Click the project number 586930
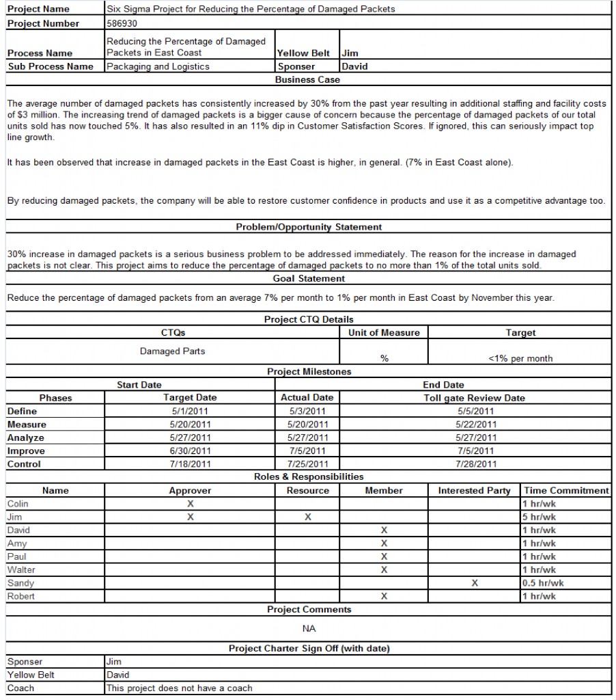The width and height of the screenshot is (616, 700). click(x=122, y=23)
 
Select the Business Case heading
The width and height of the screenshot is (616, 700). click(x=307, y=80)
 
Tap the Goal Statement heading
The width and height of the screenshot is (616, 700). click(x=309, y=278)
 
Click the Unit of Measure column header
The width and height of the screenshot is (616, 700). click(x=384, y=332)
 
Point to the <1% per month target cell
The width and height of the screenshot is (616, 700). click(x=520, y=358)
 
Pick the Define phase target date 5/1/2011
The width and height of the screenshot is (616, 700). click(x=190, y=411)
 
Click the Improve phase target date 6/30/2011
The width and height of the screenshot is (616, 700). click(x=190, y=451)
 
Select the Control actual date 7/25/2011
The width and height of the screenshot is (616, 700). click(x=307, y=464)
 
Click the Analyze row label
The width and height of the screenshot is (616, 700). click(x=25, y=437)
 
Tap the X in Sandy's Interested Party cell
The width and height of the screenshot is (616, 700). click(x=475, y=583)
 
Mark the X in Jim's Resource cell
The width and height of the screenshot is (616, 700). click(x=308, y=517)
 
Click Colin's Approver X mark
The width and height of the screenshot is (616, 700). click(x=191, y=504)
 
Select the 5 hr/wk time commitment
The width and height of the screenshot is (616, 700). click(x=539, y=517)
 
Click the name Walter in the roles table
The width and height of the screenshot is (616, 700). click(x=21, y=569)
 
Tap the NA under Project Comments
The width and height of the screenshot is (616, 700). click(x=309, y=629)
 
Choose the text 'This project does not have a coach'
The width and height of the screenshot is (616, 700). click(x=179, y=688)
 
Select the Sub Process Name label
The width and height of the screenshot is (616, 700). click(x=50, y=66)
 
